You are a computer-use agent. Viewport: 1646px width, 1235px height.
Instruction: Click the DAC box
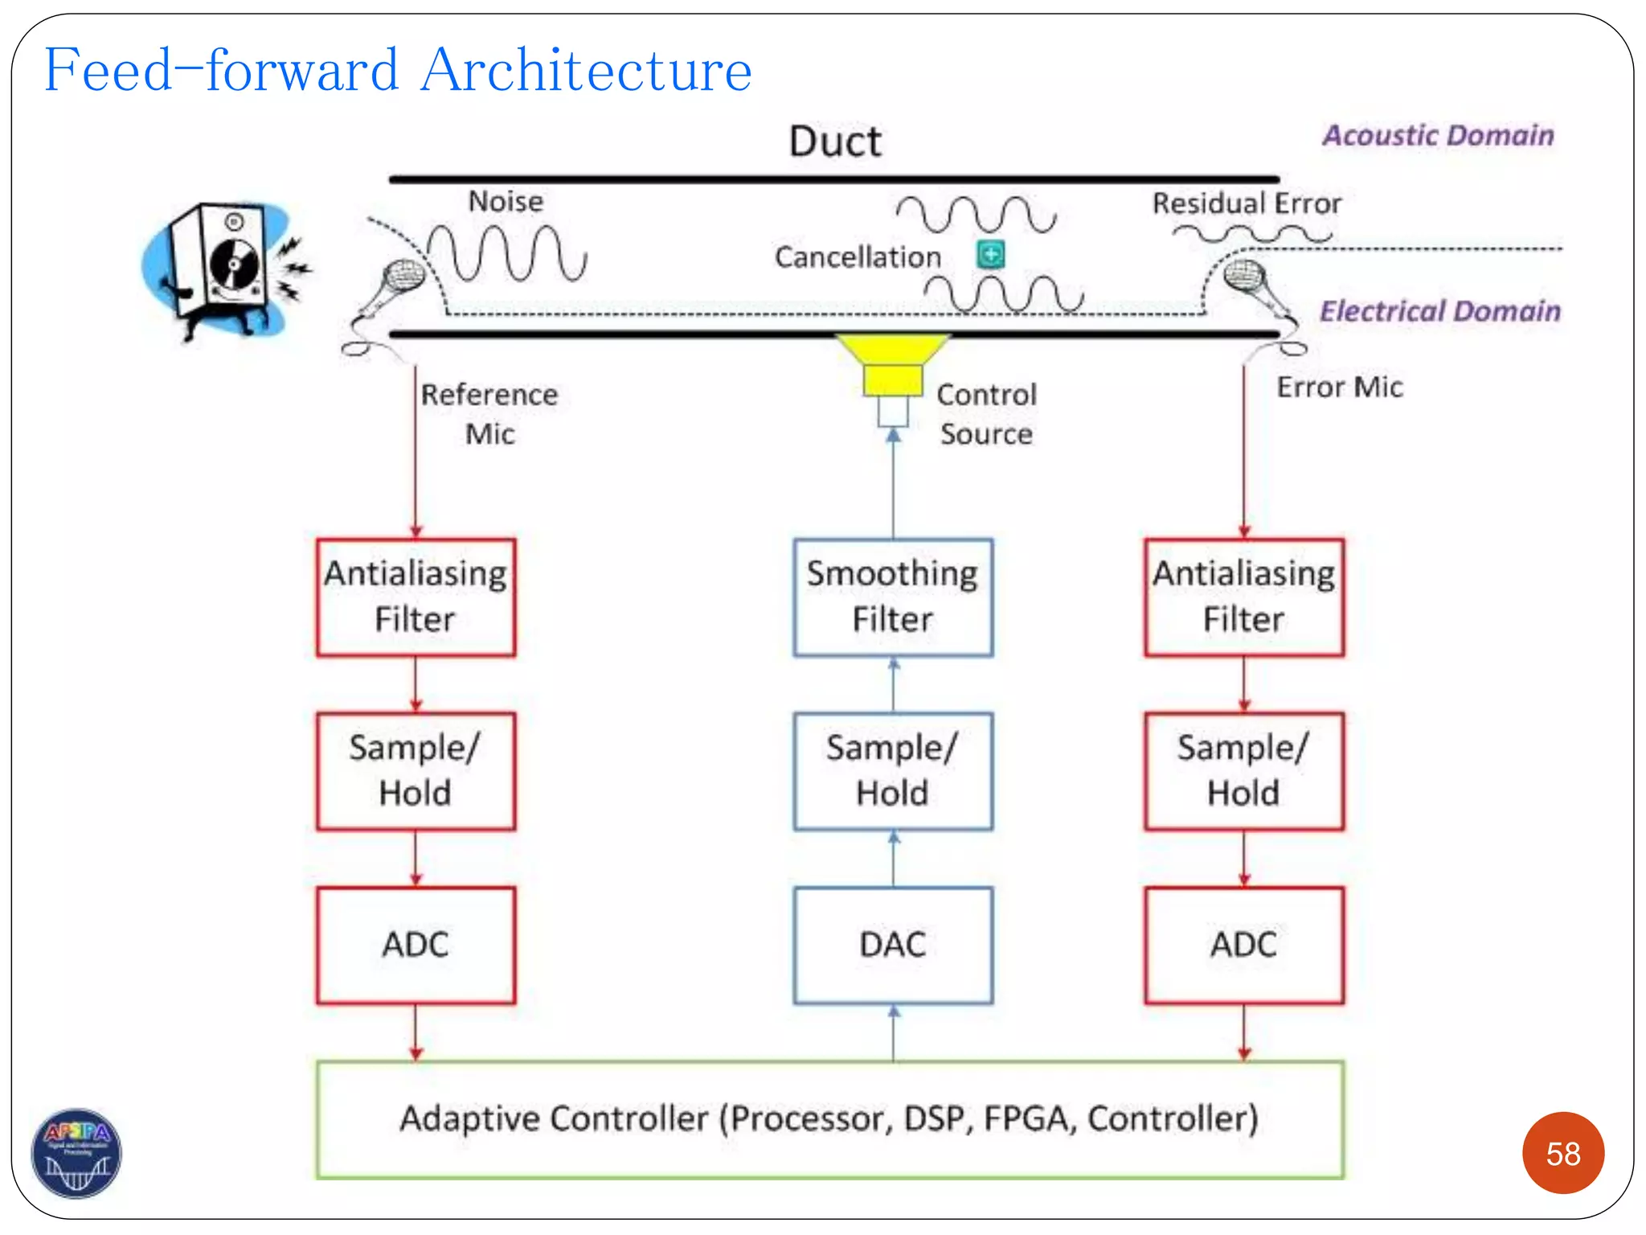click(x=892, y=945)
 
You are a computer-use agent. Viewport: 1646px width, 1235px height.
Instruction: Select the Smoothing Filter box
click(x=892, y=597)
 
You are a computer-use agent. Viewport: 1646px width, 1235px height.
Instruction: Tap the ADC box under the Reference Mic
click(x=416, y=945)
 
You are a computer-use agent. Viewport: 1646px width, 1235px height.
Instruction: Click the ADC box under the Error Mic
click(x=1243, y=945)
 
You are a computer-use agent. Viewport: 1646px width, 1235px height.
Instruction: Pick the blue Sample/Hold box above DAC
click(x=892, y=770)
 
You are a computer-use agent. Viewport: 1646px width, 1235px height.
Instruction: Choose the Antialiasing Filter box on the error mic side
click(x=1243, y=597)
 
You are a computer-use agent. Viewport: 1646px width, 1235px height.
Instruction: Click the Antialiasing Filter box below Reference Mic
click(x=416, y=597)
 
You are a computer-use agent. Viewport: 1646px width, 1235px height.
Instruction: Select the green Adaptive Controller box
click(x=829, y=1119)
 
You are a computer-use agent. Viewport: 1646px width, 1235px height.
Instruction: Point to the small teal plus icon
click(x=991, y=255)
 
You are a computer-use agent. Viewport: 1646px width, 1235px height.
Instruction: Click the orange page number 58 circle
click(x=1562, y=1153)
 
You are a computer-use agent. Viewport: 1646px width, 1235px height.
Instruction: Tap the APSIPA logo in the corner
click(x=76, y=1153)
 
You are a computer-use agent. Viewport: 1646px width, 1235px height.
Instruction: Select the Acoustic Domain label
click(x=1438, y=135)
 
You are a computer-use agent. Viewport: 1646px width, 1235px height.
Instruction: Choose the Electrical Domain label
click(x=1439, y=310)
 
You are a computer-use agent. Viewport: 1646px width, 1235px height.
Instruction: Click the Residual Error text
click(x=1246, y=203)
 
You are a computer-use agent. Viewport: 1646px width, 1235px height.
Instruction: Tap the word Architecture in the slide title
click(x=586, y=71)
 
